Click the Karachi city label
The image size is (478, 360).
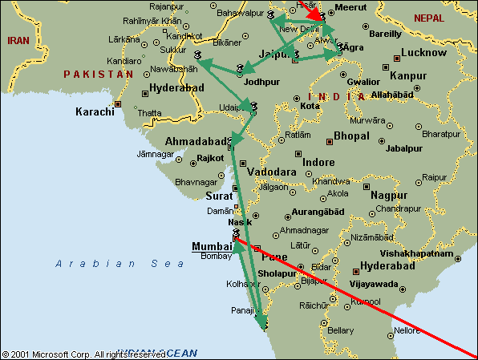point(95,111)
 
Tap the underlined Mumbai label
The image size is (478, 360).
point(210,246)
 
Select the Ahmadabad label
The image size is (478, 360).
point(195,142)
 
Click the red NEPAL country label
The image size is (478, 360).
point(427,18)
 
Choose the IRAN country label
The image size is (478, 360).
point(18,39)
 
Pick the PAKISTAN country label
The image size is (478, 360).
point(98,74)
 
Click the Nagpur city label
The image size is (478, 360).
point(390,195)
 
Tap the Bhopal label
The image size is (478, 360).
point(351,136)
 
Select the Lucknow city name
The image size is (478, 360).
point(423,53)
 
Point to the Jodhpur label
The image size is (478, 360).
point(264,81)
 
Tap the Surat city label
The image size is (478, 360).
point(219,195)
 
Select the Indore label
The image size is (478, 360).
point(318,162)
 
